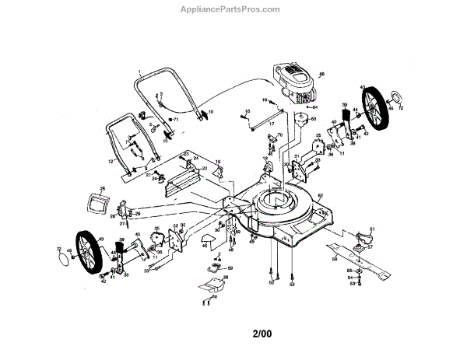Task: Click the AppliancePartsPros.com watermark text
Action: pyautogui.click(x=233, y=9)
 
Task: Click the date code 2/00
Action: pyautogui.click(x=263, y=335)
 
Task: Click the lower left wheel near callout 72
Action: pyautogui.click(x=92, y=253)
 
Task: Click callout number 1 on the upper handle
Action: pyautogui.click(x=139, y=73)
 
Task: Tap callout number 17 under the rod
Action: pyautogui.click(x=272, y=124)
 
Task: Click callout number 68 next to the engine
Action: pyautogui.click(x=321, y=75)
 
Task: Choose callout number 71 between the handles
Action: pyautogui.click(x=177, y=120)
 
